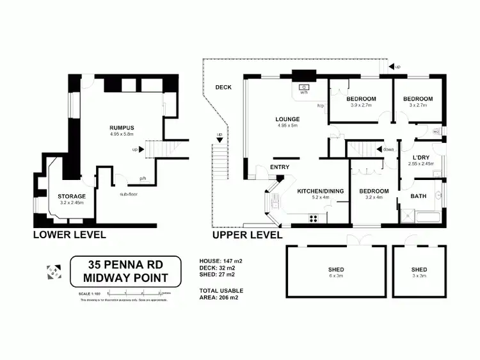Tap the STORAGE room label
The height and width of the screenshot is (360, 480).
pos(72,196)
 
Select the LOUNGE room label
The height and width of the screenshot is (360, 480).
pos(288,119)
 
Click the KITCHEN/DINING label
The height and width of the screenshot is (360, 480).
pos(320,191)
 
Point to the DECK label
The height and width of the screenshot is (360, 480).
pos(223,87)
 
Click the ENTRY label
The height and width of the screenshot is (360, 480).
pos(280,167)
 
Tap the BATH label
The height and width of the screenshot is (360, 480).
pos(419,196)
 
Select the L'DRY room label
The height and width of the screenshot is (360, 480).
pos(421,157)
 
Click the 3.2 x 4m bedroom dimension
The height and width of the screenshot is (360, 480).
pos(373,197)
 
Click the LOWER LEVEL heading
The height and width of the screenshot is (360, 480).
pos(70,235)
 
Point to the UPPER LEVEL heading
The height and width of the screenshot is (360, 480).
pos(247,235)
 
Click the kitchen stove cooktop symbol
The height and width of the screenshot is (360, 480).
pos(314,218)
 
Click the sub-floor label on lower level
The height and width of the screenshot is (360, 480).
pos(130,192)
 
